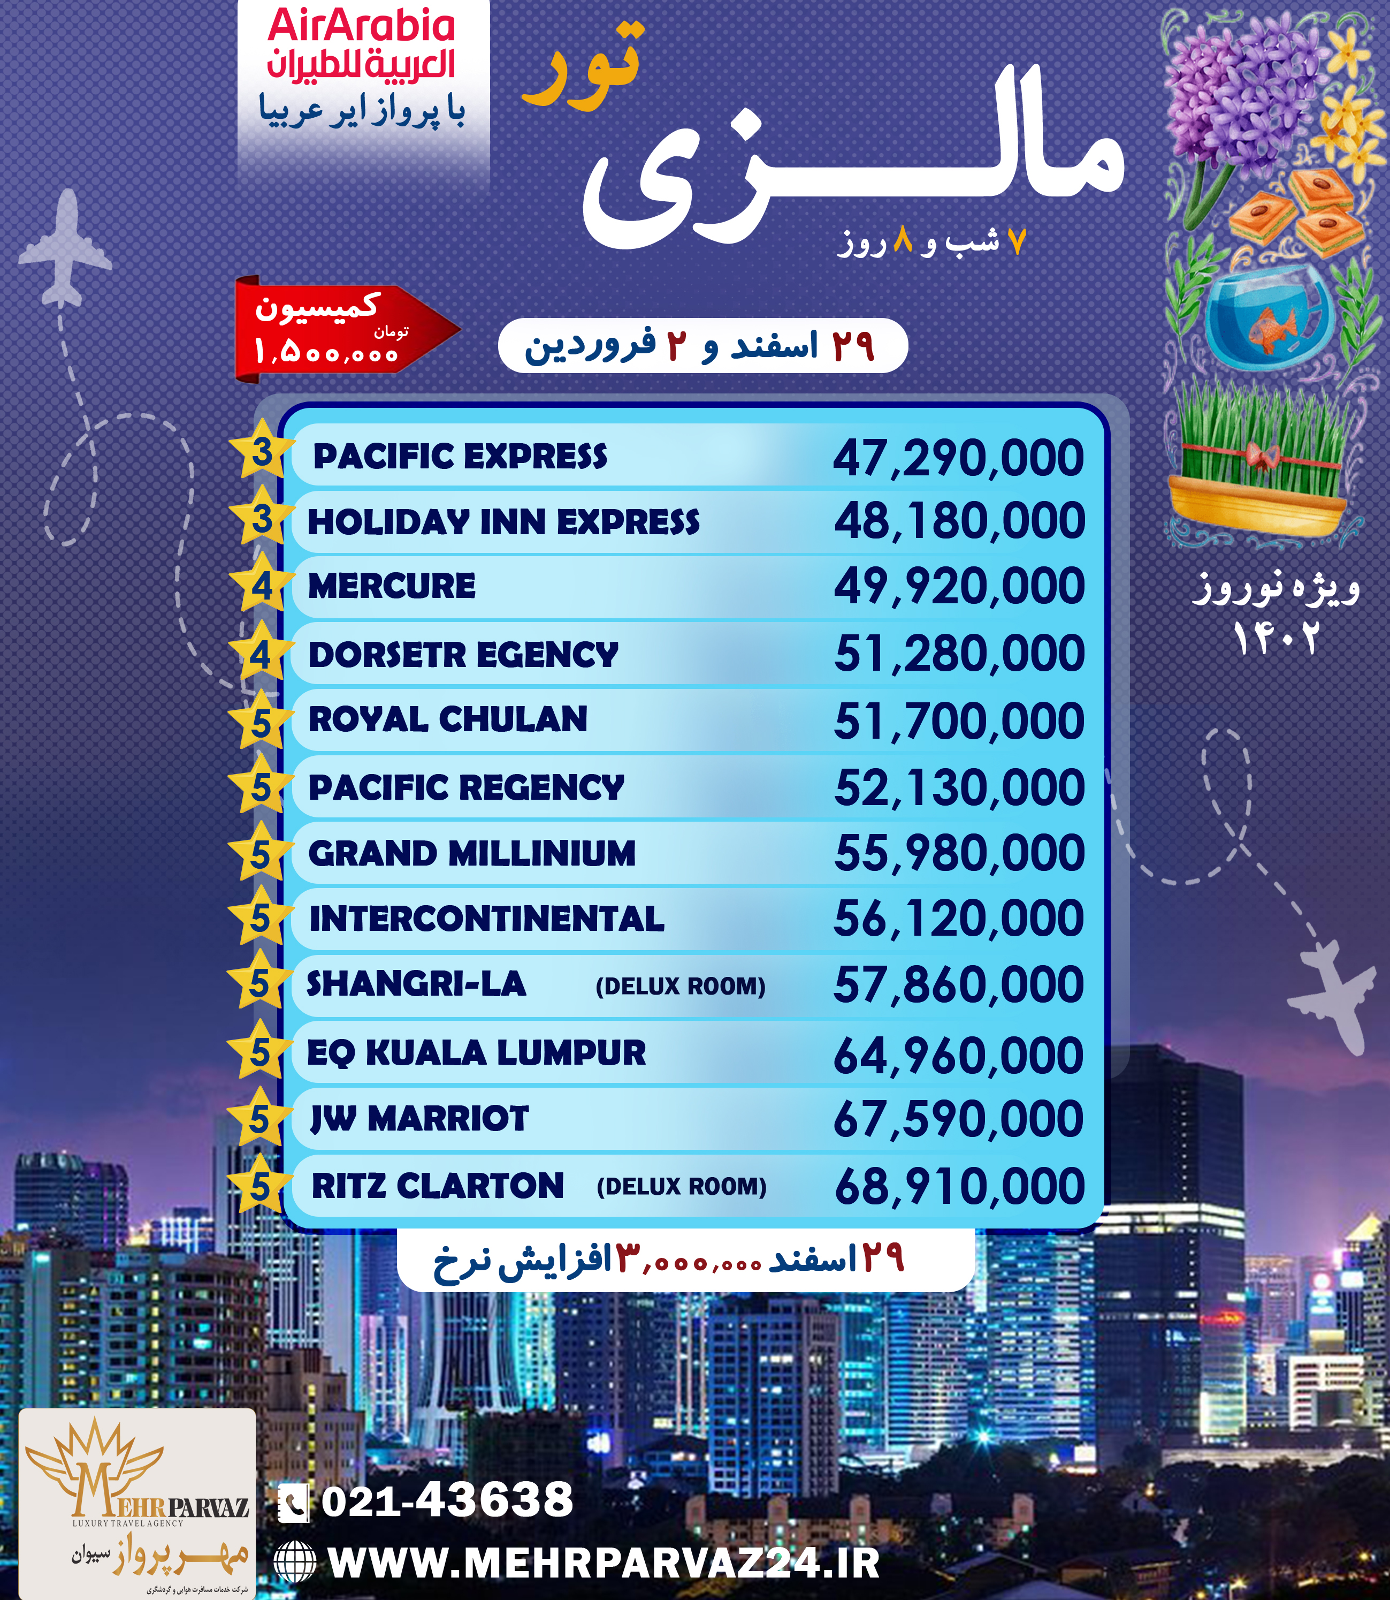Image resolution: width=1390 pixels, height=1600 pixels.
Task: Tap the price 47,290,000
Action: coord(958,458)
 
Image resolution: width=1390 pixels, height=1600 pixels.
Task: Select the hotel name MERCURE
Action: coord(392,586)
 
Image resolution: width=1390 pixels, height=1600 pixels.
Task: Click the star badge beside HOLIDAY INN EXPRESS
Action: coord(262,518)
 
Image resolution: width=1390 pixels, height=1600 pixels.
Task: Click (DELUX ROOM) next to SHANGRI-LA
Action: coord(680,986)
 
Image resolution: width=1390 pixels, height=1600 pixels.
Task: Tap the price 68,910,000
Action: coord(959,1186)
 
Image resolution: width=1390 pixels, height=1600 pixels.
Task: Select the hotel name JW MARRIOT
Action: coord(419,1119)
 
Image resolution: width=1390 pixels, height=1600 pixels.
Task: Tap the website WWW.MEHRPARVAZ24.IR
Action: coord(604,1564)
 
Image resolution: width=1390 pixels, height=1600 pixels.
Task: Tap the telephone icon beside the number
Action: coord(294,1502)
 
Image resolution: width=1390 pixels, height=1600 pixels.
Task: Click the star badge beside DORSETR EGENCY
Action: coord(262,655)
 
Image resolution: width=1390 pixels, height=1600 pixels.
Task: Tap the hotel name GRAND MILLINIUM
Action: coord(471,854)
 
